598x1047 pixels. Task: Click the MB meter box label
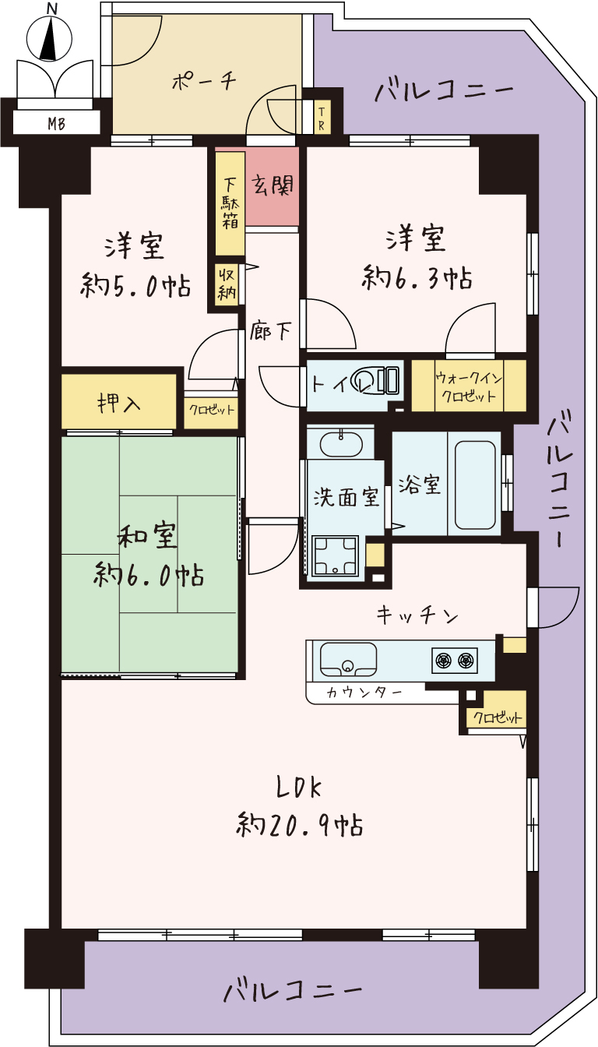pos(56,124)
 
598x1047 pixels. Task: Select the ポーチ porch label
pos(204,81)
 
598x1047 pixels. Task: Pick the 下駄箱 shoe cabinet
pos(230,204)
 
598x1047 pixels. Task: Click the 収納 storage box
pos(227,284)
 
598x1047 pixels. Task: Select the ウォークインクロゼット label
pos(469,386)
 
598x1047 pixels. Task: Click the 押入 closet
pos(119,400)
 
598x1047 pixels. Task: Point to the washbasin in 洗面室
pos(340,442)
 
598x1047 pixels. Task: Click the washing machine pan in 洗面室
pos(336,555)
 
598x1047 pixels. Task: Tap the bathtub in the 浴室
pos(475,485)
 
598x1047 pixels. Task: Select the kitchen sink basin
pos(347,660)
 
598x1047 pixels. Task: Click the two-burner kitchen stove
pos(455,661)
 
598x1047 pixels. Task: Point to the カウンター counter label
pos(364,692)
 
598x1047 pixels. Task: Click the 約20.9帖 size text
pos(299,824)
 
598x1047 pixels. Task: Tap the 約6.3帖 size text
pos(417,277)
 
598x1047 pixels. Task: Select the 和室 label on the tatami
pos(147,536)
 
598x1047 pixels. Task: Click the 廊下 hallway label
pos(270,331)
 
